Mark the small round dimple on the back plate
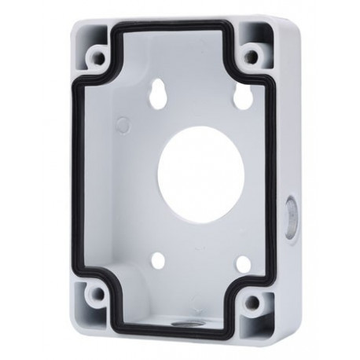(123, 123)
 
